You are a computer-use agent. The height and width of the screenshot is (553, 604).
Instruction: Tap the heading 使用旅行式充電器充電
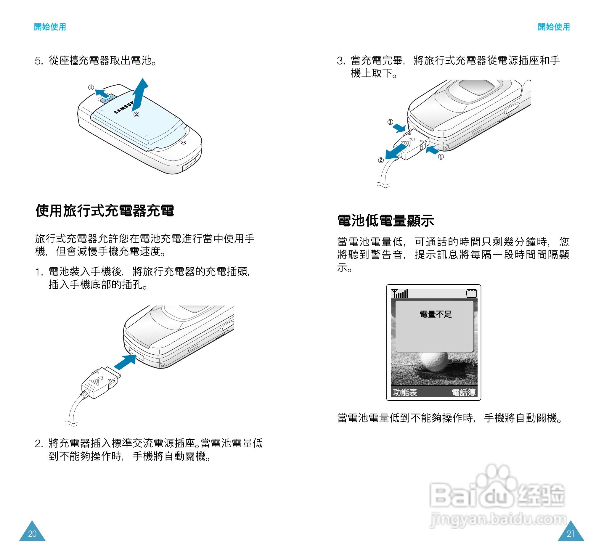point(105,210)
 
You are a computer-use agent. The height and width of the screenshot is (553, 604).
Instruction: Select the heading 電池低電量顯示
point(385,221)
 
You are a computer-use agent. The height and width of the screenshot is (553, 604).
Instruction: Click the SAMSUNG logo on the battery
point(123,108)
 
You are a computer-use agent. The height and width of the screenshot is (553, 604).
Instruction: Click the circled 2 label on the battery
point(136,115)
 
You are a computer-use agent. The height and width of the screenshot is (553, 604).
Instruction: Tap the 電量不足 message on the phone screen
point(436,314)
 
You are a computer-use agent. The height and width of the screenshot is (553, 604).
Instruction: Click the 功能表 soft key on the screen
point(405,393)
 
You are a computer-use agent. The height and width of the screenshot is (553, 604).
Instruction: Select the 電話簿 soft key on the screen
point(463,393)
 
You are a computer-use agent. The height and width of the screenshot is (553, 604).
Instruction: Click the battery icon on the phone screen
point(472,293)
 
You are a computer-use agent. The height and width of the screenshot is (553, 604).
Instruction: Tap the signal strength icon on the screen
point(400,293)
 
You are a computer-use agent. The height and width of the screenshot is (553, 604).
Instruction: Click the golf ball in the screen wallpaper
point(433,362)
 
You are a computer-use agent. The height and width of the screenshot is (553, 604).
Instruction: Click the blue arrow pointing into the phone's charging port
point(125,362)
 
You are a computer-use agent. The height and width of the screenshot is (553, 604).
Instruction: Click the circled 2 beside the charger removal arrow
point(381,160)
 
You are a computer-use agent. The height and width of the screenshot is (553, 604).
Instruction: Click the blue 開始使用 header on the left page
point(50,27)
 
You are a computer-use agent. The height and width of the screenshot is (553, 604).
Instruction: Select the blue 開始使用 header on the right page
point(554,27)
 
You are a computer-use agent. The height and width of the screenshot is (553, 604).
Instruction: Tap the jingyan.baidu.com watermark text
point(498,519)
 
